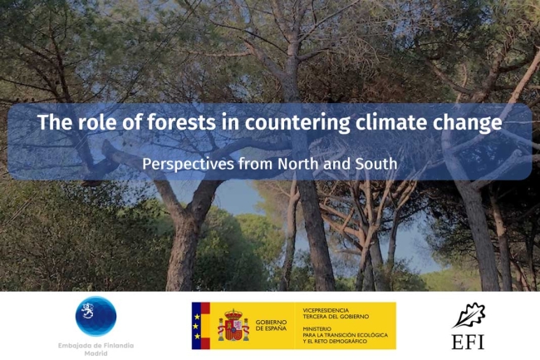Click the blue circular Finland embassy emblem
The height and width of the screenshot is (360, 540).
(x=96, y=316)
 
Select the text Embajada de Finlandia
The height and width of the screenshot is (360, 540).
(x=96, y=345)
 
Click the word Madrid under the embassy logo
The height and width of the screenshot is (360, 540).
(x=96, y=353)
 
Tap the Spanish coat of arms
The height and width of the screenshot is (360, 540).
(x=233, y=326)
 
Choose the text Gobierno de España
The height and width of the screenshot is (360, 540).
(x=271, y=326)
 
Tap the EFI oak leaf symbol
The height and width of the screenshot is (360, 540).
(x=469, y=315)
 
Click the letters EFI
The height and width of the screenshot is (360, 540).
(x=469, y=341)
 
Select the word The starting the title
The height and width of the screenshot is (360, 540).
(x=52, y=124)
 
